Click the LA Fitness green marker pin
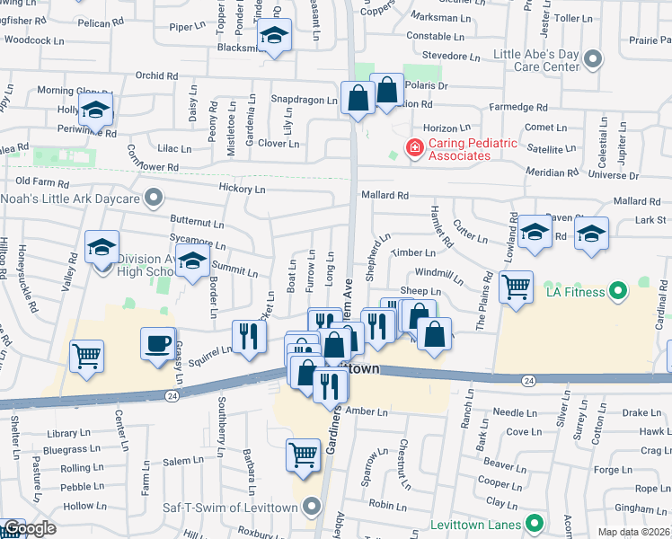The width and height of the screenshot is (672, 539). [x=617, y=291]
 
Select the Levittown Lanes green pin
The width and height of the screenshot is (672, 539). [x=535, y=522]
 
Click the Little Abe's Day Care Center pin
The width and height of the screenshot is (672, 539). [x=591, y=60]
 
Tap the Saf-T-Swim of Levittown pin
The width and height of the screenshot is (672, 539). [x=312, y=508]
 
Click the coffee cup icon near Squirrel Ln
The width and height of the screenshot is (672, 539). [x=158, y=344]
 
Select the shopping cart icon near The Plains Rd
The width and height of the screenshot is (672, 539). [x=516, y=287]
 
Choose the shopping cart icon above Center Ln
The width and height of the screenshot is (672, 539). [x=86, y=357]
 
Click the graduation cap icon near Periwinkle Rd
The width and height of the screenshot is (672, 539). [x=94, y=113]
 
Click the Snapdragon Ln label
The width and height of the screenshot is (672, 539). [x=305, y=100]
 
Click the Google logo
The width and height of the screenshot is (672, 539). [x=30, y=528]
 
